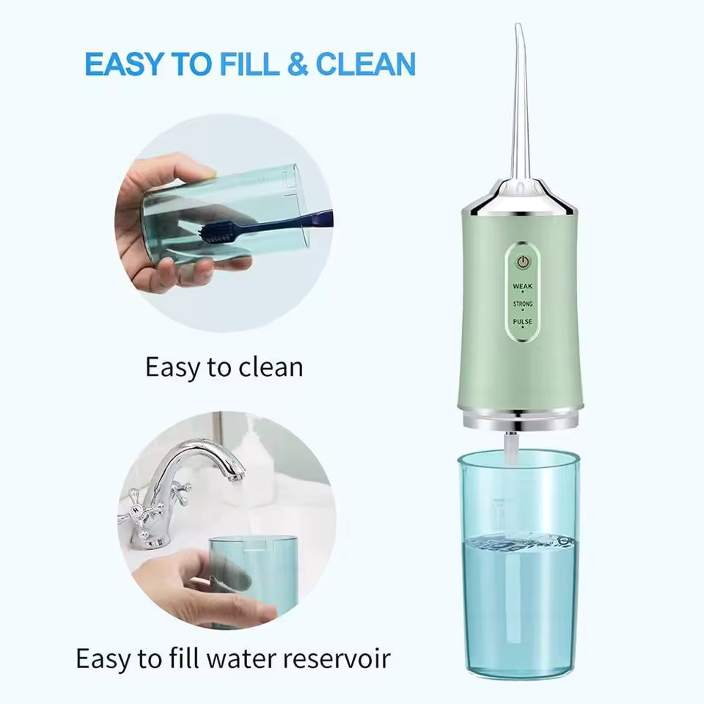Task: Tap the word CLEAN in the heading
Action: click(x=364, y=65)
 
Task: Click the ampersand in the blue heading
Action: click(x=297, y=65)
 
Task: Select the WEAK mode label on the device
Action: click(x=522, y=286)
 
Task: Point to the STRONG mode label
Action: click(x=523, y=304)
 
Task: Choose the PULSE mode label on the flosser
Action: click(x=523, y=321)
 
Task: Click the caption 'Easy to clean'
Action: click(x=224, y=367)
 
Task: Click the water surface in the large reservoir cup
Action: click(x=519, y=543)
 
